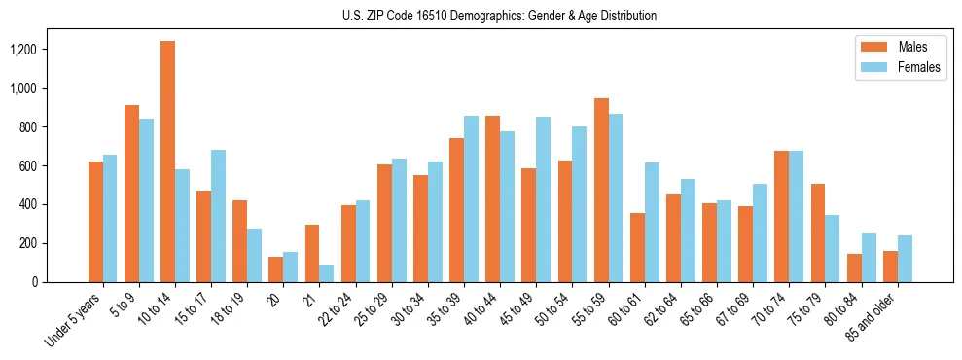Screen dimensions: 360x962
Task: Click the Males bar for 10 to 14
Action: click(168, 162)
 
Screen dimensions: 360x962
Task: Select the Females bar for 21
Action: click(327, 273)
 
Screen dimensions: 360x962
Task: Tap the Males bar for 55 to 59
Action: click(601, 190)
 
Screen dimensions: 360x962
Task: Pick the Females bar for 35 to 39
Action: click(471, 198)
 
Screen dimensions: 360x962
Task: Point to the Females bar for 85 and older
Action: click(905, 259)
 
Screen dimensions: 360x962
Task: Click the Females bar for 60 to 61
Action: click(652, 222)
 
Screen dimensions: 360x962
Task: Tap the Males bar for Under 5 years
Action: click(95, 222)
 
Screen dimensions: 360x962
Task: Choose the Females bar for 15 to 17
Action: click(218, 216)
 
